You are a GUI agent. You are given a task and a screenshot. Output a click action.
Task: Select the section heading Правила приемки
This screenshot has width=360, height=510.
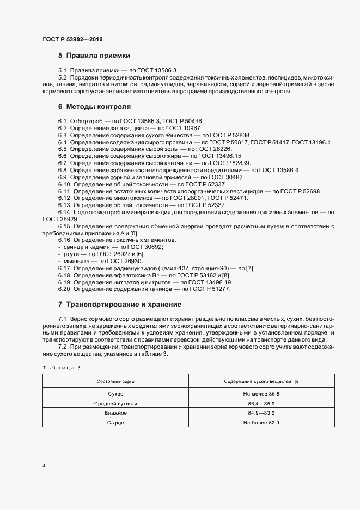pyautogui.click(x=97, y=56)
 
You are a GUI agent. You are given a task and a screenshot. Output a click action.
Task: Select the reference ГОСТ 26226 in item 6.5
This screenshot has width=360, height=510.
pyautogui.click(x=211, y=149)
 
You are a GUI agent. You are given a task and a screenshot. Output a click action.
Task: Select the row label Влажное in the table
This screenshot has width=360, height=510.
pyautogui.click(x=115, y=413)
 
